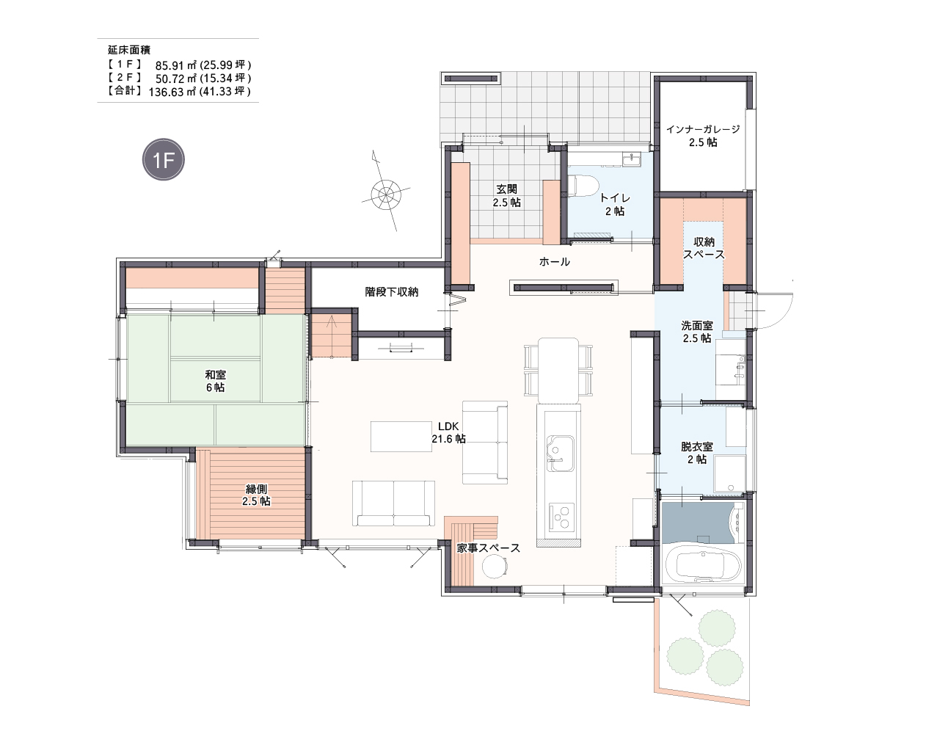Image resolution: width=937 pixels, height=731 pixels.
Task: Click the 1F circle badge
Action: click(164, 159)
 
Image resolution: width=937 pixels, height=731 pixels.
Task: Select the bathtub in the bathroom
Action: click(703, 564)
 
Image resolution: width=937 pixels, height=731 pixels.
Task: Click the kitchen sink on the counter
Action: click(560, 453)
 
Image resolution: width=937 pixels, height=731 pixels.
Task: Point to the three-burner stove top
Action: click(561, 517)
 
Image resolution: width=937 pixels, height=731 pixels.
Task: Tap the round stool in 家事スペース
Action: click(495, 567)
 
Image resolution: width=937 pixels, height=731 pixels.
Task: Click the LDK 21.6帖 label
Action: click(448, 432)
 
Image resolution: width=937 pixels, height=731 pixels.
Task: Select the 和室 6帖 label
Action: click(215, 381)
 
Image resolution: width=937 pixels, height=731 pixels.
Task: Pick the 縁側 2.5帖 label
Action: click(256, 495)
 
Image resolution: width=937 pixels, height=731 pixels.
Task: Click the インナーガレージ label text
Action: click(703, 129)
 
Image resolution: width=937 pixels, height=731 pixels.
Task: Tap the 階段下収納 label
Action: click(392, 292)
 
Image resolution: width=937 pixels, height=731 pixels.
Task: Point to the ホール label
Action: click(555, 261)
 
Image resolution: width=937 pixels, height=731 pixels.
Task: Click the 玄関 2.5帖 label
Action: click(507, 196)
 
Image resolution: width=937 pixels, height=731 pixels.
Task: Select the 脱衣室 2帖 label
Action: click(697, 454)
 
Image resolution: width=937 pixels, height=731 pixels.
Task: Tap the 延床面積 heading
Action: click(129, 50)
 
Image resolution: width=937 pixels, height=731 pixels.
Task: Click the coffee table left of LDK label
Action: click(401, 437)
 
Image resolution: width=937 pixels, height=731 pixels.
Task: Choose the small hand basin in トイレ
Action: click(632, 159)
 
